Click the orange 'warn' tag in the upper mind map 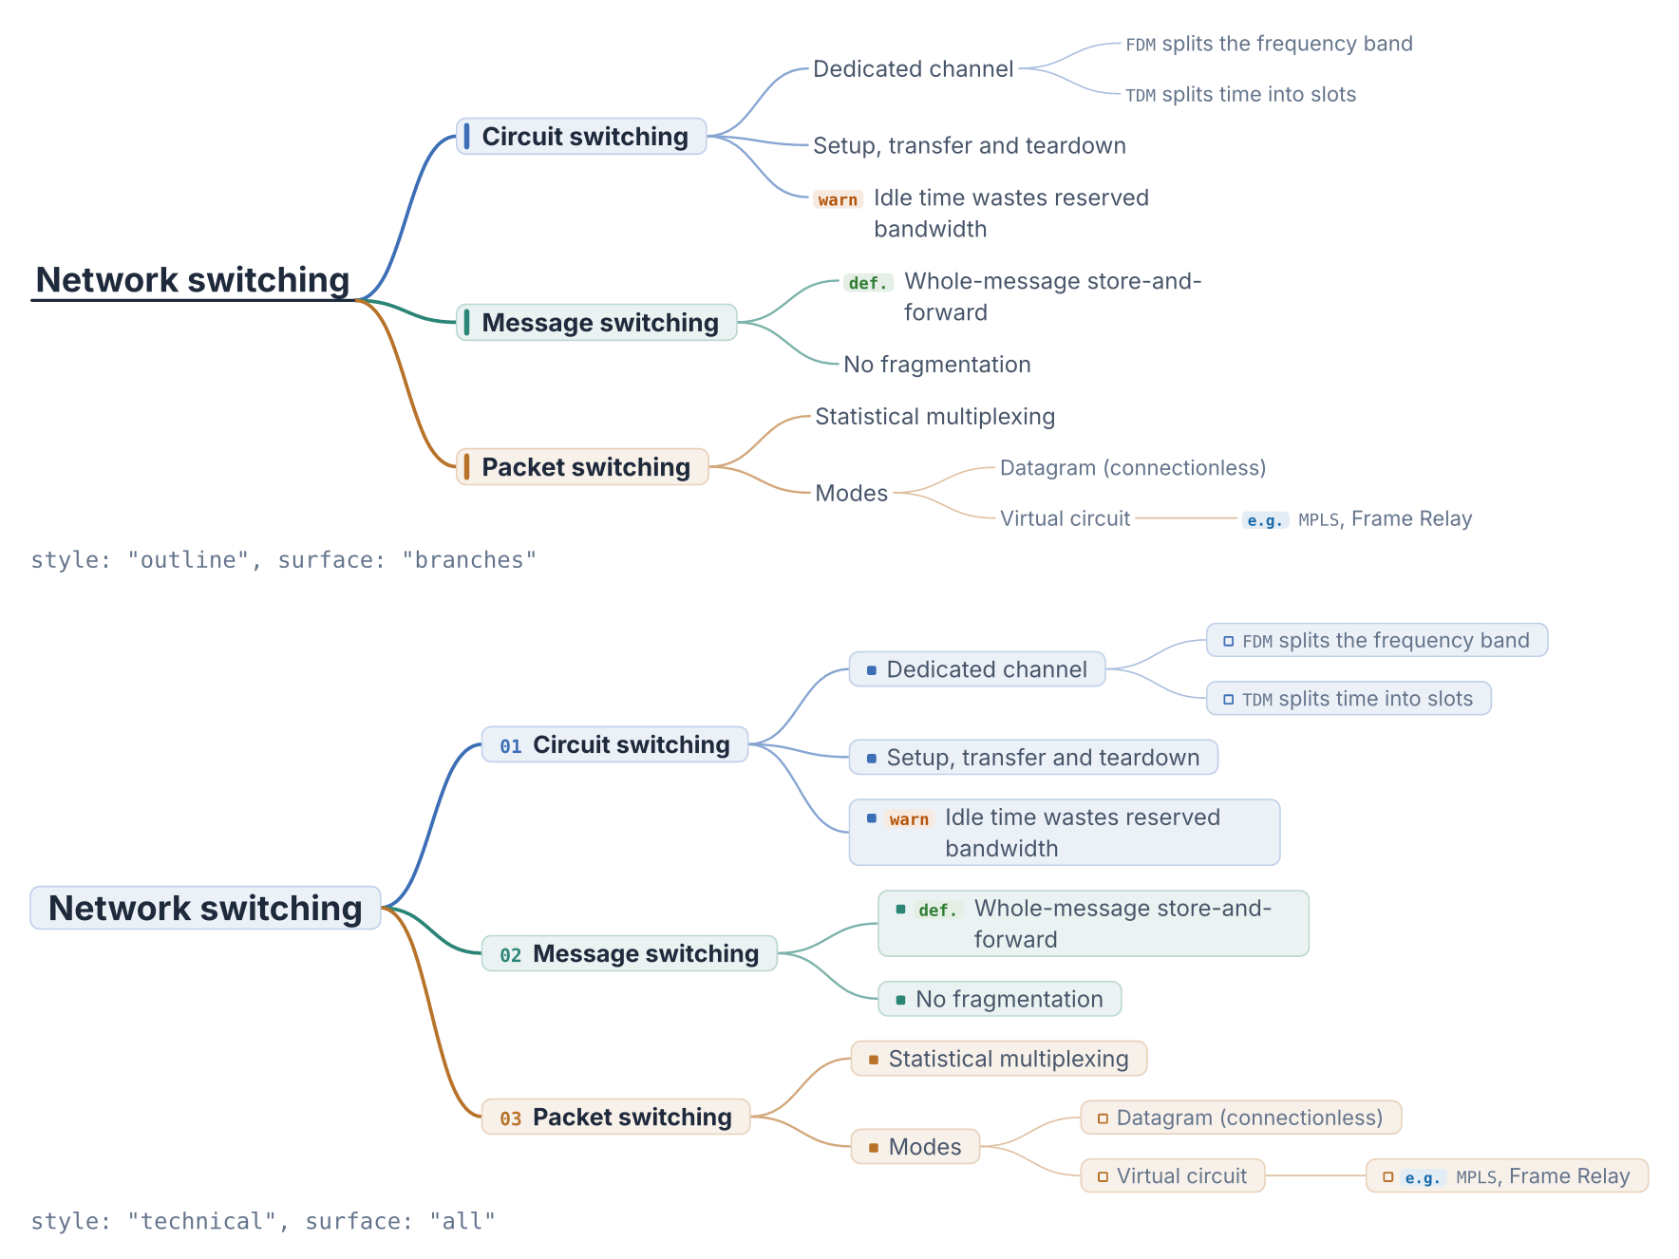pos(838,199)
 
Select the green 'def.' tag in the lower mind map pos(938,910)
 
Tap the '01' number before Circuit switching pos(511,746)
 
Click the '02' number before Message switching pos(511,955)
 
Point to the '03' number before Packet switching pos(511,1118)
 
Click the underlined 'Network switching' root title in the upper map pos(193,280)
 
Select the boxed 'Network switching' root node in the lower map pos(205,908)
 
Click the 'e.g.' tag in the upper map pos(1265,520)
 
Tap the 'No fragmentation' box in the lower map pos(999,999)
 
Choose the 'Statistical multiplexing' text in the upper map pos(935,417)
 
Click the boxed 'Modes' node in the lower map pos(915,1147)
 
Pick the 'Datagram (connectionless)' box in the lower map pos(1240,1118)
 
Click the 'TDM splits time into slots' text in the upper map pos(1240,94)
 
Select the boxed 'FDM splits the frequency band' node pos(1377,640)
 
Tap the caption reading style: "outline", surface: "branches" pos(283,560)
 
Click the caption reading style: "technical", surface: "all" pos(263,1221)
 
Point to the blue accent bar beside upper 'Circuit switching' pos(466,136)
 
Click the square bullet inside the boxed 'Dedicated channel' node pos(872,670)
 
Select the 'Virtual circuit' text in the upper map pos(1066,518)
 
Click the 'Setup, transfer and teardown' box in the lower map pos(1033,758)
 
